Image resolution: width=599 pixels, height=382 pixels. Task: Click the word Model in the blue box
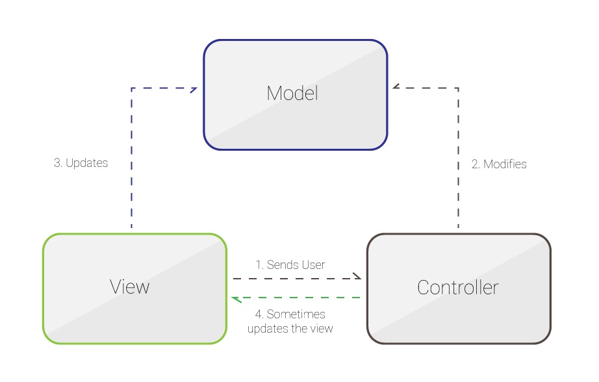(x=292, y=94)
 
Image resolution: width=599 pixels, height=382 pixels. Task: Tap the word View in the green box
(x=130, y=286)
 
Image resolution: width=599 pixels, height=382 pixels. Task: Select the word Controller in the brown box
(x=458, y=287)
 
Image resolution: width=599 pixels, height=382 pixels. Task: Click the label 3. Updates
(x=81, y=163)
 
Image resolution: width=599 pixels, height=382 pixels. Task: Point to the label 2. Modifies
(x=499, y=164)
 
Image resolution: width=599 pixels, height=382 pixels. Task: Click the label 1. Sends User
(x=290, y=264)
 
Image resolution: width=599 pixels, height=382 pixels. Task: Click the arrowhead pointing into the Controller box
(x=357, y=277)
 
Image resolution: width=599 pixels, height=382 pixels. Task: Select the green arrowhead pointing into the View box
(x=237, y=298)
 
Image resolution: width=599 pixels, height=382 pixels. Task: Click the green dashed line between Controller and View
(x=299, y=298)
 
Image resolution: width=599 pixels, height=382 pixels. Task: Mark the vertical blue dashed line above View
(x=132, y=162)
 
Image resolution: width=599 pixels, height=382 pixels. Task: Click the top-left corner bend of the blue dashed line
(x=132, y=88)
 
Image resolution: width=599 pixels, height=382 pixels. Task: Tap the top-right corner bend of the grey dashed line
(x=458, y=88)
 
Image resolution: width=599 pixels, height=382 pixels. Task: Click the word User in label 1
(x=313, y=264)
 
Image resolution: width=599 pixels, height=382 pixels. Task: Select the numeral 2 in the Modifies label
(x=475, y=164)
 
